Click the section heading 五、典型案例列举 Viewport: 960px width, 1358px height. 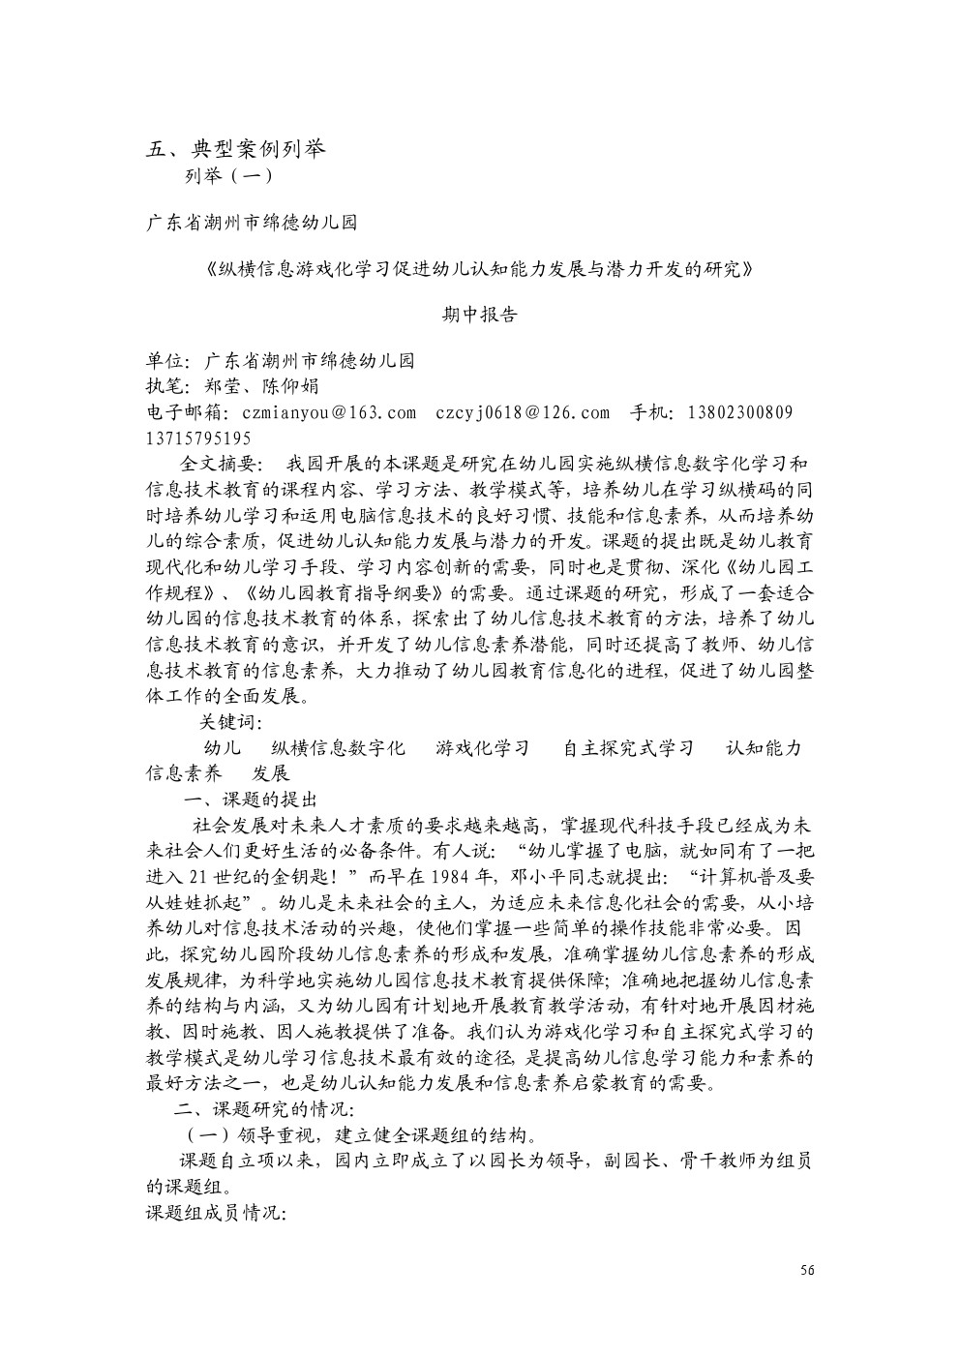(236, 149)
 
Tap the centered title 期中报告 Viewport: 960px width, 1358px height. (480, 316)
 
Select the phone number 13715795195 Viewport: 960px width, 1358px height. (198, 438)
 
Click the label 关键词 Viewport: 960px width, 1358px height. (229, 722)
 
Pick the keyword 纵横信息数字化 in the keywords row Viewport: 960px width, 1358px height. (338, 748)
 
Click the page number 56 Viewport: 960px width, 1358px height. (807, 1270)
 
